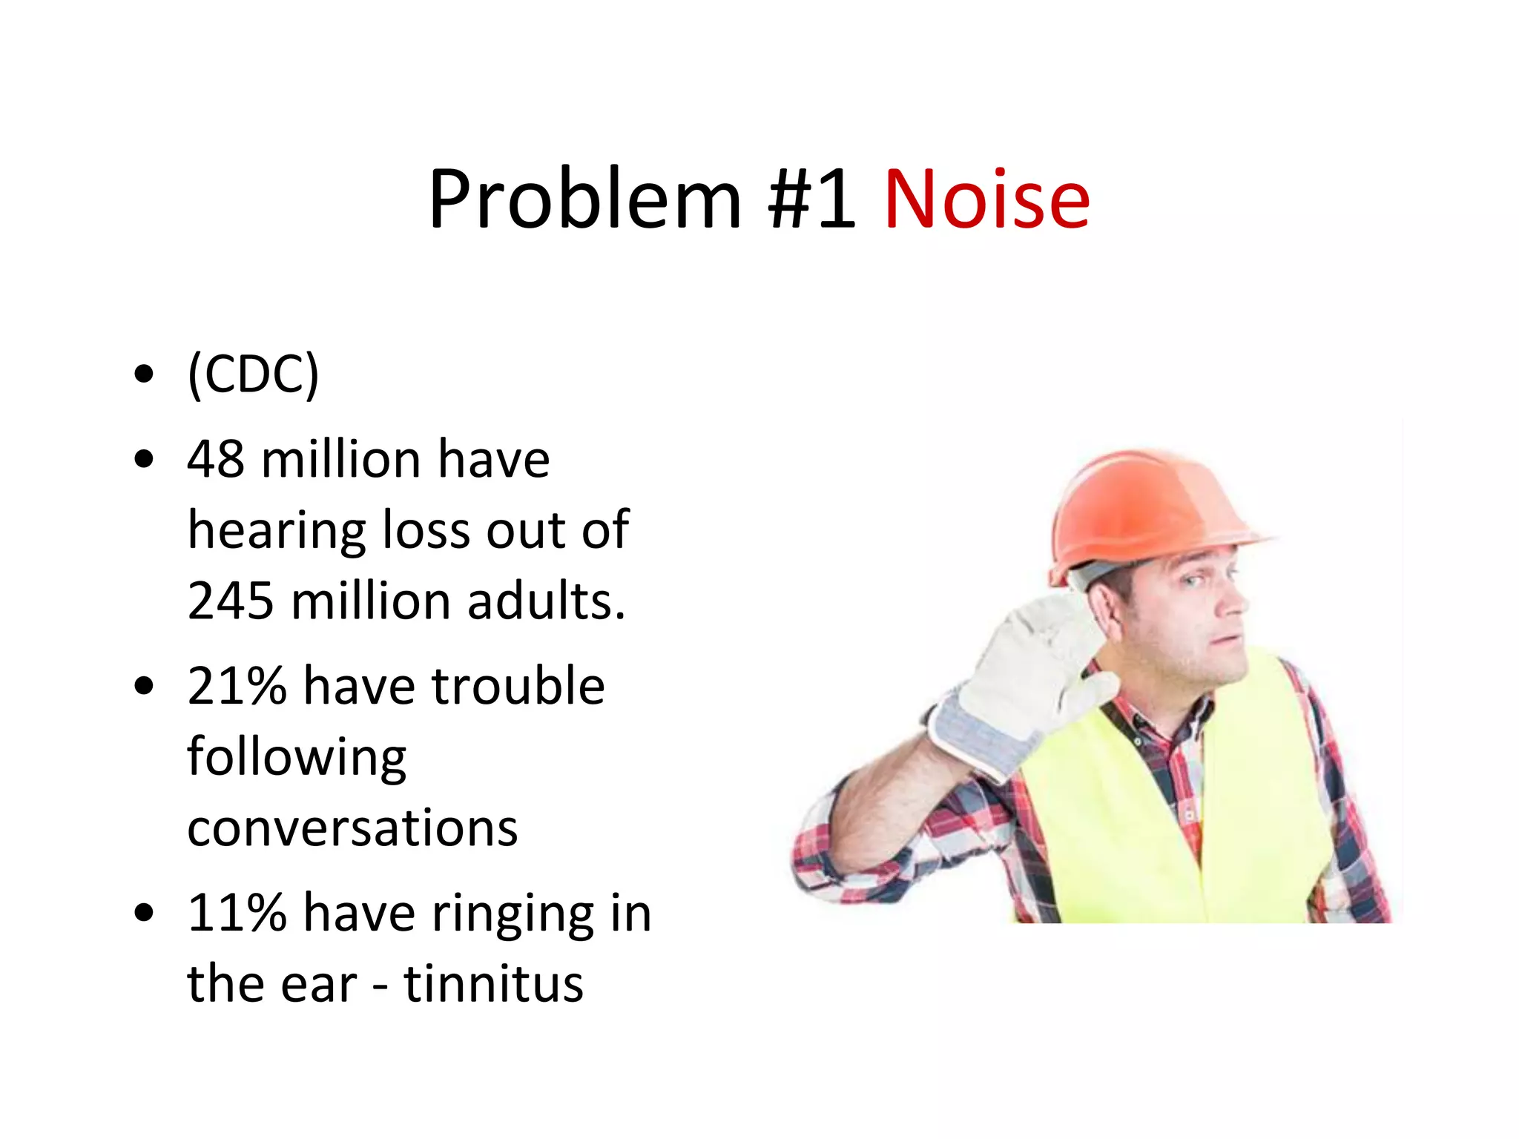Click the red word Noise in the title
986,199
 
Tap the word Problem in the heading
584,199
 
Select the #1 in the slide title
811,199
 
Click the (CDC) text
253,374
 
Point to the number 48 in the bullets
215,459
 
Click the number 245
230,600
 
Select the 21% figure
237,685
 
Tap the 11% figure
237,912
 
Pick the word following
297,758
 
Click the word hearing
277,531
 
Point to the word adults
546,600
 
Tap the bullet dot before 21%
144,686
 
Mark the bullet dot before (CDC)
144,374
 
